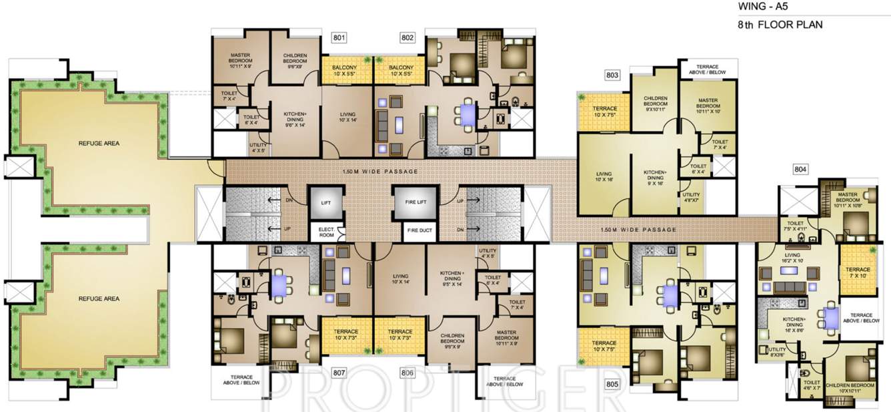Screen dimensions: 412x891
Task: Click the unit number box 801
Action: pyautogui.click(x=339, y=37)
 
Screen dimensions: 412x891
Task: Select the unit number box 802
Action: pyautogui.click(x=407, y=37)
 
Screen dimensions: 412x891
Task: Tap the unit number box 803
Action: pyautogui.click(x=612, y=75)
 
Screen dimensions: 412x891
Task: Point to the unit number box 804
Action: pyautogui.click(x=800, y=170)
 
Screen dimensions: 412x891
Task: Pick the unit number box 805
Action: pyautogui.click(x=612, y=385)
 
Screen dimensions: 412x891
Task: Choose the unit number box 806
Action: pyautogui.click(x=407, y=373)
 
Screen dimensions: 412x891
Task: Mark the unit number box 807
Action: pyautogui.click(x=339, y=373)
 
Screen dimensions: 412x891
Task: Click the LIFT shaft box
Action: pyautogui.click(x=326, y=201)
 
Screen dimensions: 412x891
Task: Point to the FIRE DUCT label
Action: pyautogui.click(x=414, y=231)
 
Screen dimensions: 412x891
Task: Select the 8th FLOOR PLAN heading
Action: pyautogui.click(x=780, y=25)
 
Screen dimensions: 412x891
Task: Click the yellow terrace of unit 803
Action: pyautogui.click(x=602, y=111)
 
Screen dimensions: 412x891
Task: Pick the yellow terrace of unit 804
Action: pyautogui.click(x=856, y=270)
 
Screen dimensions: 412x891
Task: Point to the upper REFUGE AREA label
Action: pyautogui.click(x=99, y=143)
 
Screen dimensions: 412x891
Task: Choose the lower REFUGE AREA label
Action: pyautogui.click(x=99, y=298)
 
